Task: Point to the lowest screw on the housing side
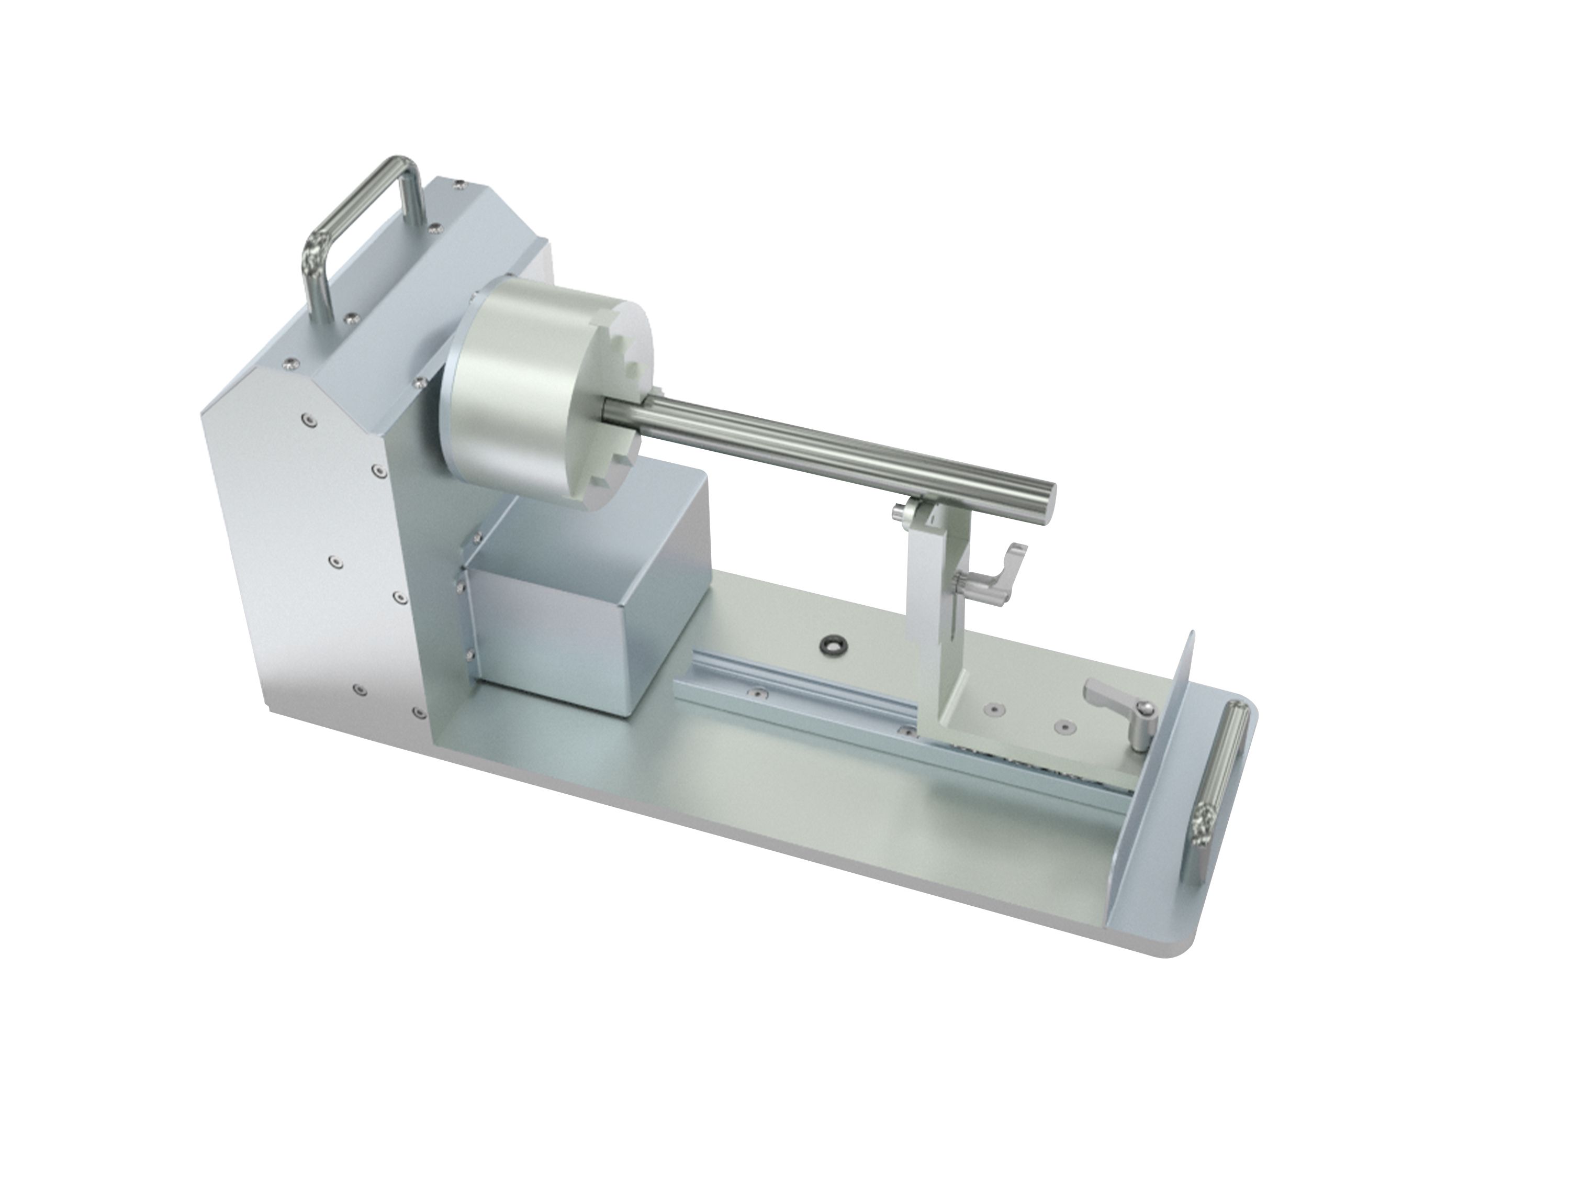pyautogui.click(x=360, y=689)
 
